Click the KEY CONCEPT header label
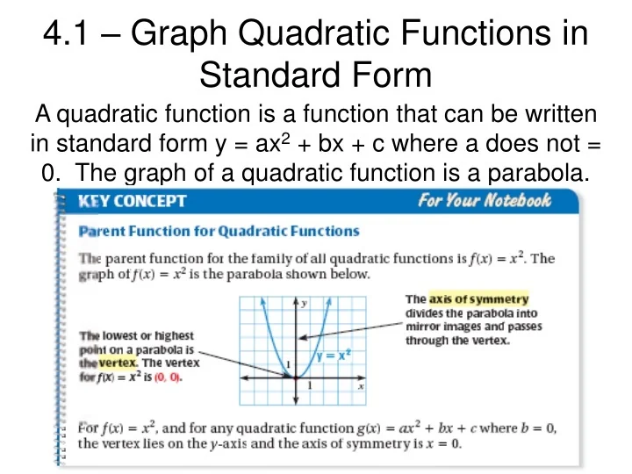tap(132, 201)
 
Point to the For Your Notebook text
tap(485, 201)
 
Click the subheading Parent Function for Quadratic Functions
tap(219, 232)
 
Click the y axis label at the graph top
tap(304, 304)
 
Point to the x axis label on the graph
tap(361, 385)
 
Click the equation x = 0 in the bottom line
tap(444, 443)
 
